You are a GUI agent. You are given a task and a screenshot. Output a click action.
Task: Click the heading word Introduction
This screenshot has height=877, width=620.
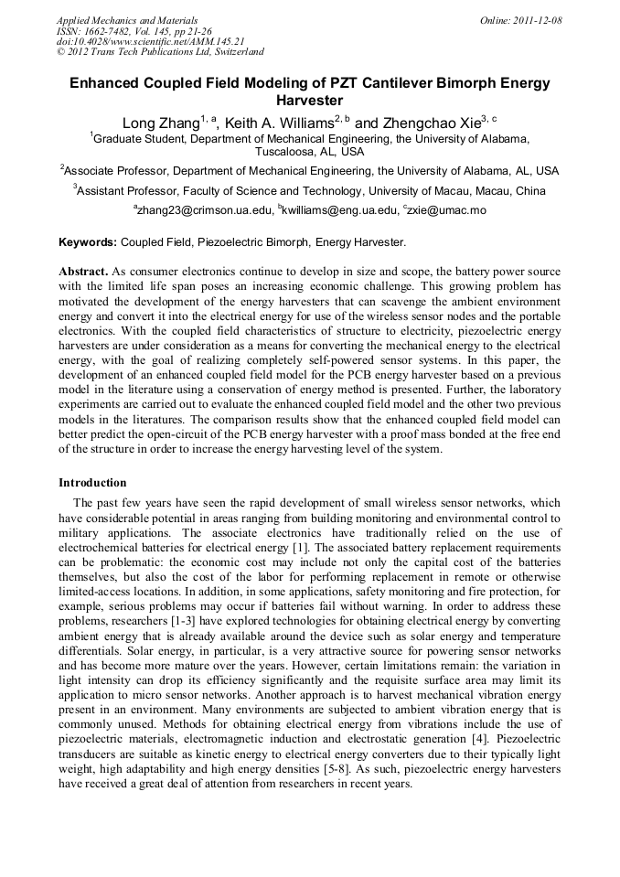click(x=92, y=482)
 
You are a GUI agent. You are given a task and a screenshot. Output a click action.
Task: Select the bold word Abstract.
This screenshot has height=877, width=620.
click(x=83, y=272)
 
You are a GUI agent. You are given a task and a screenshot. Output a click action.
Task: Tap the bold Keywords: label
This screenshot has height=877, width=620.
click(x=88, y=242)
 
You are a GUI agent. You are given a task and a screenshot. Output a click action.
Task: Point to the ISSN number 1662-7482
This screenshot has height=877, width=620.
click(x=111, y=31)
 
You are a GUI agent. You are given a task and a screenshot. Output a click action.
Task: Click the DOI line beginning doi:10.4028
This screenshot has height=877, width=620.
click(x=150, y=41)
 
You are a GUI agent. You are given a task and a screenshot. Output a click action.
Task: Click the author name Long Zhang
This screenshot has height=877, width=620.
click(x=160, y=123)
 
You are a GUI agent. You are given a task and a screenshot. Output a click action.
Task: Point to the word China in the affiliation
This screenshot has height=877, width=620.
click(x=529, y=191)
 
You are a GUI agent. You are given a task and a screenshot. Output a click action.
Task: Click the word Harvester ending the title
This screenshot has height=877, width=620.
click(x=309, y=101)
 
